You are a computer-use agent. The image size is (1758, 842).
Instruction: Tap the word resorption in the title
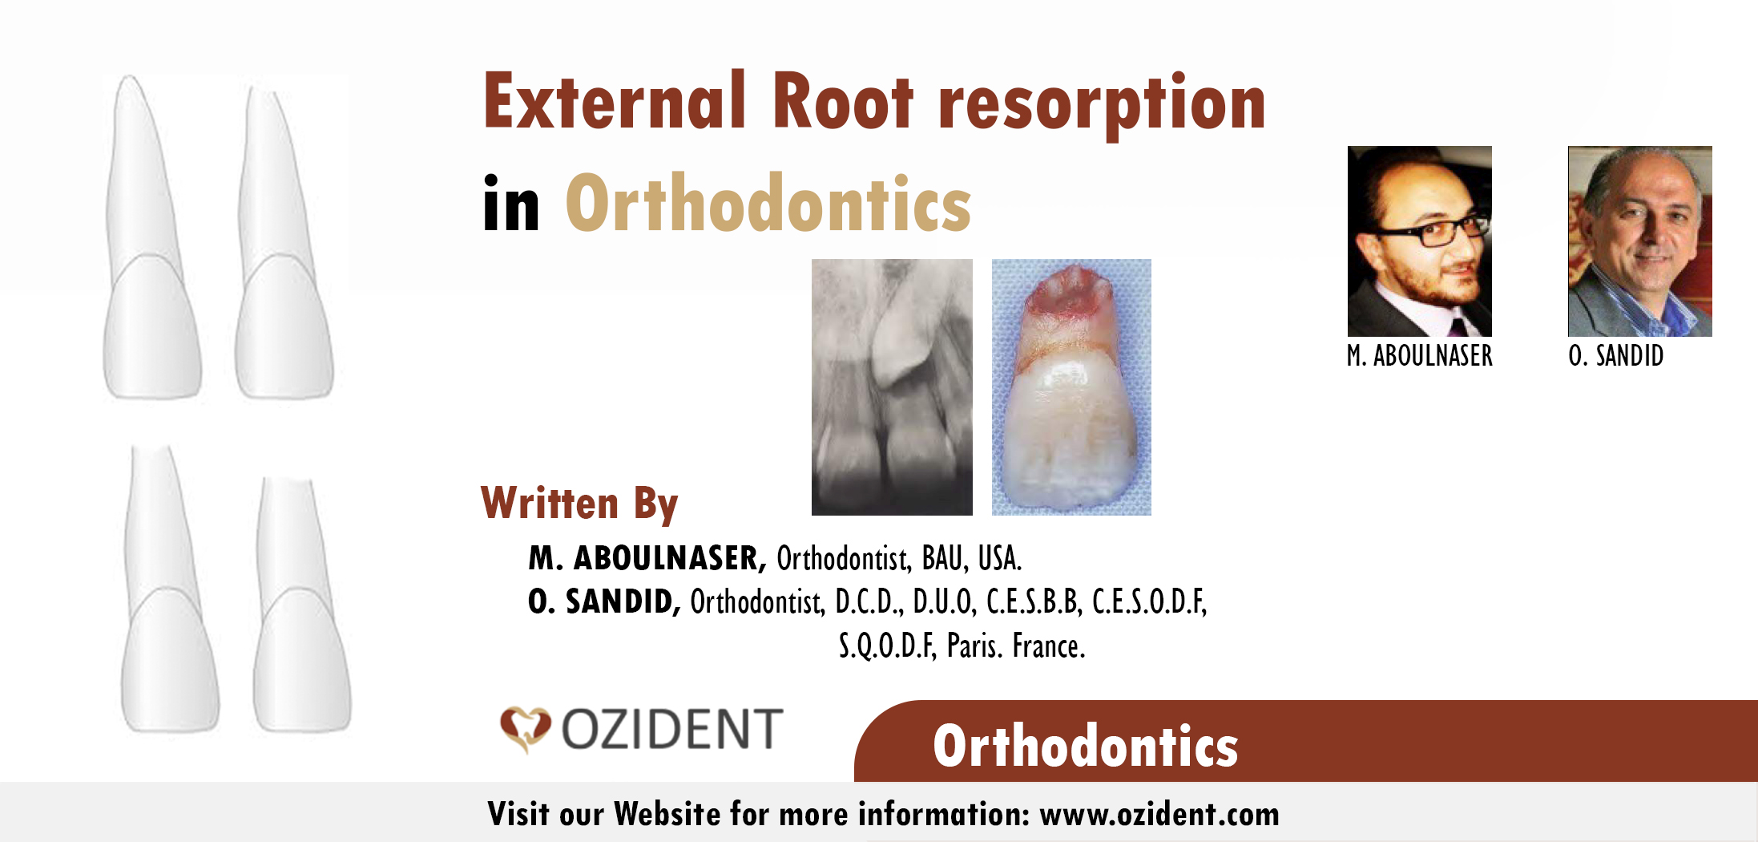coord(1102,106)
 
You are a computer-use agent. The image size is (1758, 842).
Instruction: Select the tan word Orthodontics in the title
coord(768,204)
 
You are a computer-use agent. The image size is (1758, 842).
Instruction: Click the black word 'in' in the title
coord(511,205)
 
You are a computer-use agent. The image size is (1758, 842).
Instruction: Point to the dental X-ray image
coord(892,387)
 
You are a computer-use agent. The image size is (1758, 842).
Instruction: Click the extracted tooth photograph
coord(1071,387)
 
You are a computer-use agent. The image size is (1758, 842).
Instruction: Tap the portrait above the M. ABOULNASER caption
coord(1419,241)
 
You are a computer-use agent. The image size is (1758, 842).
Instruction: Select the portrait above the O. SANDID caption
coord(1639,241)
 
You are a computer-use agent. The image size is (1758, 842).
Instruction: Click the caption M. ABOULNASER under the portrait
coord(1419,355)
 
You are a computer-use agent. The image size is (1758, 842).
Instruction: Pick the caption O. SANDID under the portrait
coord(1615,355)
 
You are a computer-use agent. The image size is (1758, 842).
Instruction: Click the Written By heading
coord(579,504)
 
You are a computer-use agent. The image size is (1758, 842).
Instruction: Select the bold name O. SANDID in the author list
coord(603,601)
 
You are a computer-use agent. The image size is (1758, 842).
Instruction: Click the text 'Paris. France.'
coord(1016,646)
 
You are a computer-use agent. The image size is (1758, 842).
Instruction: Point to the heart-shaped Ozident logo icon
coord(525,728)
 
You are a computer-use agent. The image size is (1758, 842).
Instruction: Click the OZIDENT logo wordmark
coord(671,729)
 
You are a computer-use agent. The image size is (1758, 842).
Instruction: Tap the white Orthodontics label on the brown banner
coord(1085,746)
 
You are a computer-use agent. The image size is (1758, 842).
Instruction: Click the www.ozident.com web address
coord(1159,814)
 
